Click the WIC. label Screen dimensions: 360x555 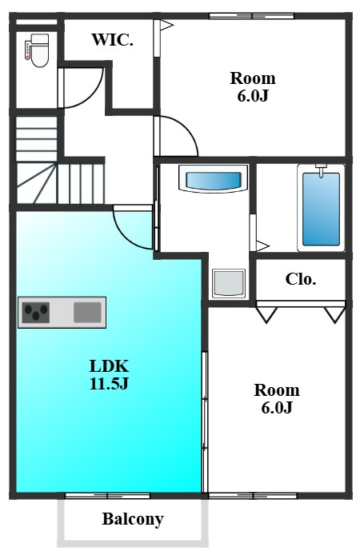(113, 40)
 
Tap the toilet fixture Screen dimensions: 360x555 (37, 50)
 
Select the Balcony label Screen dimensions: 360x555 (133, 519)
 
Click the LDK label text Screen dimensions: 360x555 (109, 366)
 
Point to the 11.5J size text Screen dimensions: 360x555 (109, 383)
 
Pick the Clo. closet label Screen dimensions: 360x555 (301, 279)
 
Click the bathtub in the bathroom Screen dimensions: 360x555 (321, 208)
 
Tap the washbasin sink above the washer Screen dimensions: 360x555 (213, 179)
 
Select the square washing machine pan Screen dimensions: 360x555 (229, 284)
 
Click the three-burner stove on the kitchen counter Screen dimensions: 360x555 (35, 312)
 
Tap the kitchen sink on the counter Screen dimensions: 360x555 (87, 312)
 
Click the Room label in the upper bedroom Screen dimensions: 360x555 (253, 78)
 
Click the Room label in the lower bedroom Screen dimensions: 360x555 (277, 390)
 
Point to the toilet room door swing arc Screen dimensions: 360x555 (93, 97)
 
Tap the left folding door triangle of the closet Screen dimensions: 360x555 (266, 315)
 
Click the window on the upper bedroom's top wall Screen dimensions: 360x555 (251, 16)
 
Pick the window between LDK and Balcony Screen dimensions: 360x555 (108, 496)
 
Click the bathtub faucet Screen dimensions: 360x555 (321, 170)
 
